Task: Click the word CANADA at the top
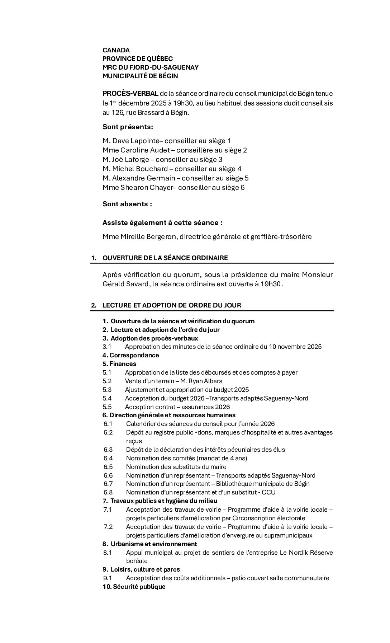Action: [x=116, y=50]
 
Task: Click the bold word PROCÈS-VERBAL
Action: [x=130, y=94]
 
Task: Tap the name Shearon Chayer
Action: [x=147, y=188]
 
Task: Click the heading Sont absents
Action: [x=127, y=204]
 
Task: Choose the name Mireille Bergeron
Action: [x=148, y=237]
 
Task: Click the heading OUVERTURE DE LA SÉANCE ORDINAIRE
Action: [x=165, y=258]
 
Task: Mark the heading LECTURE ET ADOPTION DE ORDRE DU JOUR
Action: [x=172, y=305]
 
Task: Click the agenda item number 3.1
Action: [x=107, y=347]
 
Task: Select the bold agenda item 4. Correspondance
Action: [x=130, y=355]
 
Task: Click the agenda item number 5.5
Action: [x=107, y=407]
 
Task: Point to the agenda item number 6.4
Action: [x=108, y=458]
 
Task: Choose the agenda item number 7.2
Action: [x=108, y=527]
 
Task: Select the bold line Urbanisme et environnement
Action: [x=153, y=544]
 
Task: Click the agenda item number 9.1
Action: [x=108, y=578]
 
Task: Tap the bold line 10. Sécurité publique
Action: [x=134, y=587]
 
